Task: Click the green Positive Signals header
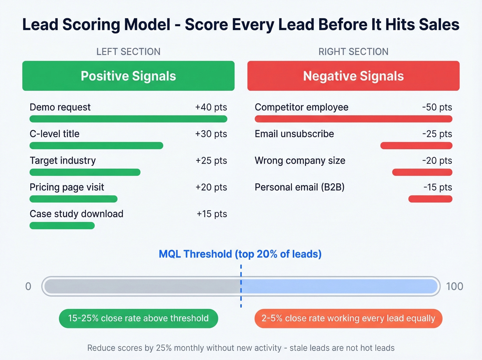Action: pyautogui.click(x=128, y=76)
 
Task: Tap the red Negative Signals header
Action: pyautogui.click(x=353, y=76)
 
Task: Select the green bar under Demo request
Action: pyautogui.click(x=128, y=119)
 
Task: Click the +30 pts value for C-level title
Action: pyautogui.click(x=211, y=134)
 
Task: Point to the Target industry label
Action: pyautogui.click(x=63, y=161)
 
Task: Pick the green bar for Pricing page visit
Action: pyautogui.click(x=73, y=199)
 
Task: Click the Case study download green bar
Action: pyautogui.click(x=62, y=226)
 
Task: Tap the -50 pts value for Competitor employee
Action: pyautogui.click(x=437, y=107)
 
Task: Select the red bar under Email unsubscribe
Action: pyautogui.click(x=416, y=146)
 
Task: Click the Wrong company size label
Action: pyautogui.click(x=300, y=161)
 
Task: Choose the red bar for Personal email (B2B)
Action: pyautogui.click(x=430, y=199)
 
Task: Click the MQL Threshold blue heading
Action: pyautogui.click(x=240, y=254)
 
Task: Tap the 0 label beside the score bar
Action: pyautogui.click(x=28, y=286)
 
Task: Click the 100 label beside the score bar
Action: pyautogui.click(x=454, y=286)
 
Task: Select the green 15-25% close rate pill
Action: pyautogui.click(x=138, y=318)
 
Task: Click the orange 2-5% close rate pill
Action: pyautogui.click(x=348, y=318)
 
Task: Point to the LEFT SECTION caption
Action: pyautogui.click(x=128, y=52)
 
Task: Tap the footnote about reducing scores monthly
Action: pyautogui.click(x=241, y=348)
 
